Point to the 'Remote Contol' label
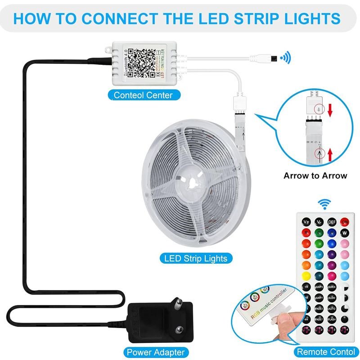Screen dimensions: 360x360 coord(326,351)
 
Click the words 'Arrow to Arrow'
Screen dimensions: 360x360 coord(315,175)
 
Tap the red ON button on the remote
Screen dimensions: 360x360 coord(345,222)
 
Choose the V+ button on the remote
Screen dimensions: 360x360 coord(306,222)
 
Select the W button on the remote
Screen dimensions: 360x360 coord(345,233)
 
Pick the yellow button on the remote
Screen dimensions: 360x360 coord(306,276)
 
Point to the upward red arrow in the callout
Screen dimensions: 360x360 coord(330,155)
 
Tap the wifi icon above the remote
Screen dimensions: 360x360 coord(324,205)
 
